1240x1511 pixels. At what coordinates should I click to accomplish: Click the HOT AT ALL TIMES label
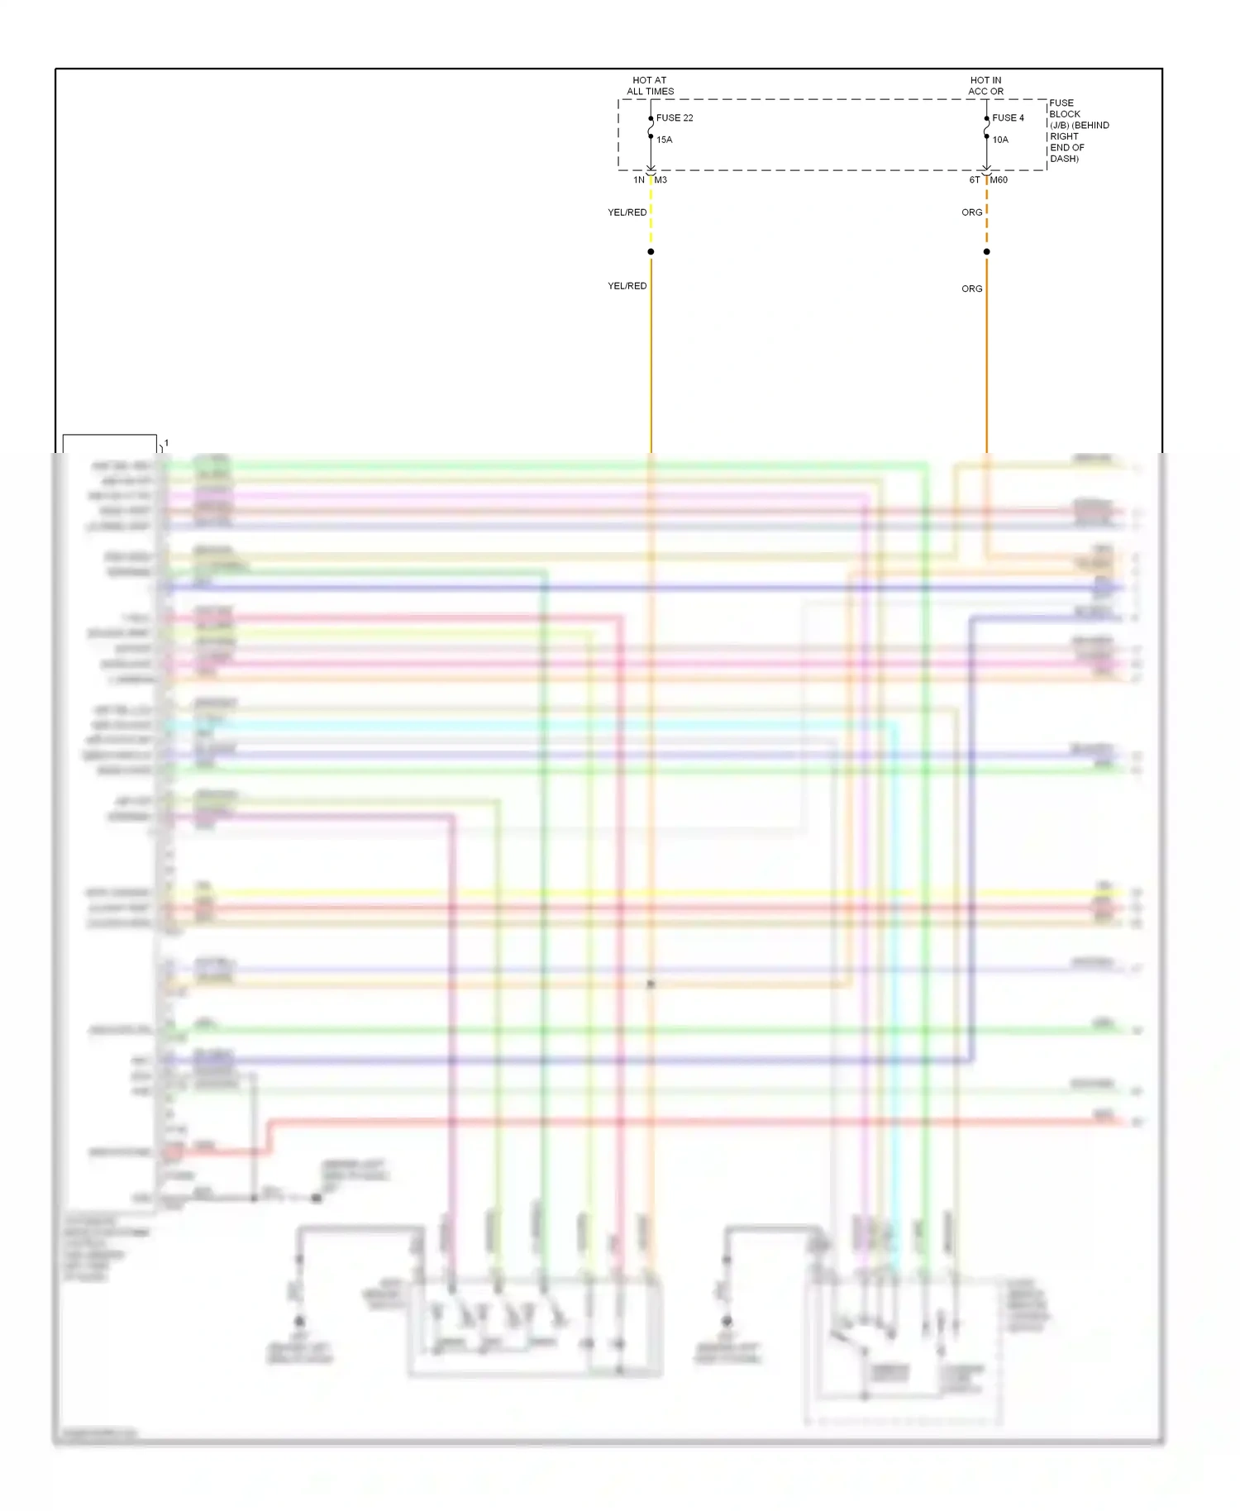coord(650,86)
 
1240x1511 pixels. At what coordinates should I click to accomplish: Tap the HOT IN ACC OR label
coord(985,86)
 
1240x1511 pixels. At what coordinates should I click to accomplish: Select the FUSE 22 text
coord(675,118)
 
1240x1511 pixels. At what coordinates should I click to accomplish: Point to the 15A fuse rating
coord(665,140)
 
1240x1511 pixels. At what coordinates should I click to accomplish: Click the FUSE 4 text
coord(1008,118)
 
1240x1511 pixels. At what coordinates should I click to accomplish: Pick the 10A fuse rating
coord(1000,140)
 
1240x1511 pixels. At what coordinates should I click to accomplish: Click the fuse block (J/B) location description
coord(1079,131)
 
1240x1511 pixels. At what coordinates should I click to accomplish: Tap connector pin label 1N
coord(639,180)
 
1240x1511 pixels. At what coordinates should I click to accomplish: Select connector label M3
coord(661,180)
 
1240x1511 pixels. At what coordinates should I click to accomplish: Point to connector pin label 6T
coord(975,180)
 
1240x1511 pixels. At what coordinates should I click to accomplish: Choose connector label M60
coord(999,180)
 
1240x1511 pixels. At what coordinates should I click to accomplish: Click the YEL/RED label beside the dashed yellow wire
coord(627,212)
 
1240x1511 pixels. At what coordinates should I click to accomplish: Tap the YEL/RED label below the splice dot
coord(627,286)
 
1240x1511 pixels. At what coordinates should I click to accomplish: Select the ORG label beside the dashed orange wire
coord(972,212)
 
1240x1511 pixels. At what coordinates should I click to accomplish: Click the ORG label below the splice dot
coord(972,288)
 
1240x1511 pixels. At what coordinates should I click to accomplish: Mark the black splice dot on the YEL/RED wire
coord(651,251)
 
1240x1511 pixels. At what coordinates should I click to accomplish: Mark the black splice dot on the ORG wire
coord(986,251)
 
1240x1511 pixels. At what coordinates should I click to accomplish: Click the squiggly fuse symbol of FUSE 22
coord(651,128)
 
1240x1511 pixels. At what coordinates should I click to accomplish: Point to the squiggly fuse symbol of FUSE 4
coord(986,128)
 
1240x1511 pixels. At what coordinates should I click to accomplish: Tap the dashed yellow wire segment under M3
coord(651,215)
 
